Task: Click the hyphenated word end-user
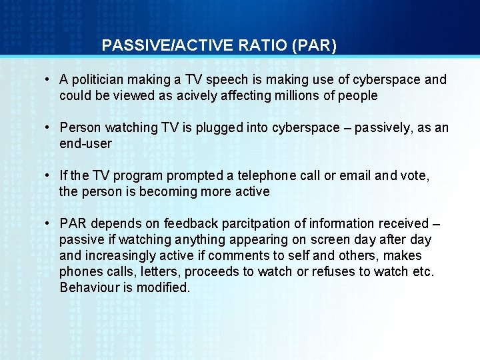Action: pyautogui.click(x=85, y=144)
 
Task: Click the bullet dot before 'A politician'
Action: pyautogui.click(x=49, y=80)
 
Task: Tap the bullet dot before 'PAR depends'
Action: pyautogui.click(x=49, y=224)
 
